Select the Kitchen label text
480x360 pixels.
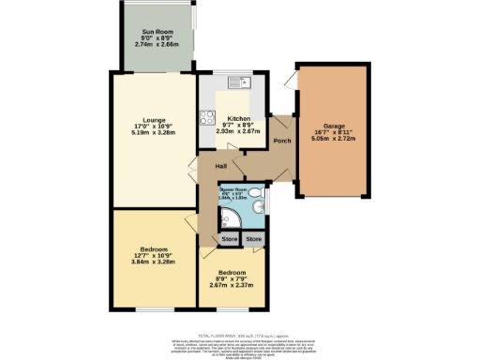tap(237, 118)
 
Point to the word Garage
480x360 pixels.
tap(336, 125)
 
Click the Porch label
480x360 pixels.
tap(280, 141)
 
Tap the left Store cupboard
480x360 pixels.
tap(229, 240)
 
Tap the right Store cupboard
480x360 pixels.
tap(253, 240)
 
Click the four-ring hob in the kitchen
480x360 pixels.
tap(208, 119)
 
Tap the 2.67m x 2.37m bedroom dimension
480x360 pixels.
tap(231, 285)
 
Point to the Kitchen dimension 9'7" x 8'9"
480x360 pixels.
tap(237, 125)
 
